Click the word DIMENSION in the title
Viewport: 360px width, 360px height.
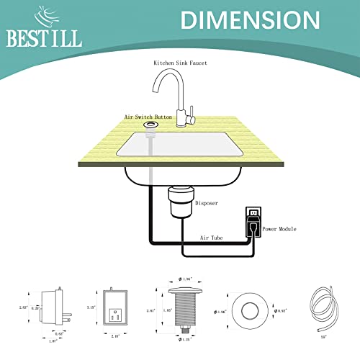[x=240, y=20]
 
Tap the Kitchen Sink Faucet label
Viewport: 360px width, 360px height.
[x=180, y=63]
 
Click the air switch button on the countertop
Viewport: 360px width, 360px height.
[x=150, y=125]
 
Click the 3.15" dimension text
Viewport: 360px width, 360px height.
[x=89, y=307]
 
